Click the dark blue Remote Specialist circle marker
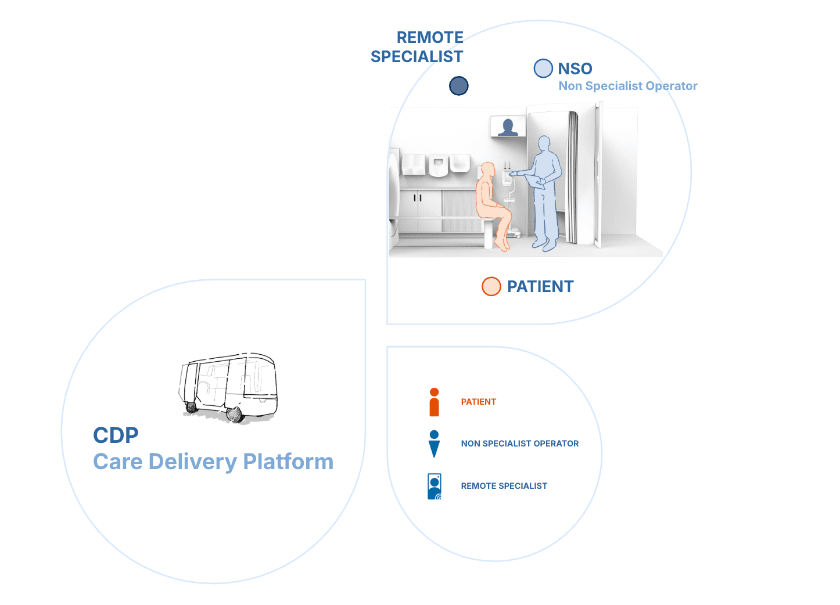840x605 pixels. coord(459,86)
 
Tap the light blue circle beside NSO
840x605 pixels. coord(543,69)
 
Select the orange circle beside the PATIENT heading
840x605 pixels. coord(491,286)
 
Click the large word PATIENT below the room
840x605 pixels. coord(540,286)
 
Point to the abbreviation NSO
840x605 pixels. coord(575,69)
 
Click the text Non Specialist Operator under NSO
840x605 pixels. coord(628,86)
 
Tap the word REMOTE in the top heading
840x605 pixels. coord(430,38)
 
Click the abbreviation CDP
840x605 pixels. coord(116,435)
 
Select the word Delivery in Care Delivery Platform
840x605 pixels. coord(193,462)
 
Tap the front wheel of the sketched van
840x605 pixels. coord(234,414)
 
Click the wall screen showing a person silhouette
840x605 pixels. coord(508,127)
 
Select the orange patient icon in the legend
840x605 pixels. coord(434,402)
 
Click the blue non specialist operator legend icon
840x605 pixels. coord(434,444)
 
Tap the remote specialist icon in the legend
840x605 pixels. coord(435,487)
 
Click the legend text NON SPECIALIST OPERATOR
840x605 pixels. coord(520,444)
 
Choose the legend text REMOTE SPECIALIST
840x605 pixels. coord(504,486)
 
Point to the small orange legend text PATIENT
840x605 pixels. coord(479,402)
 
